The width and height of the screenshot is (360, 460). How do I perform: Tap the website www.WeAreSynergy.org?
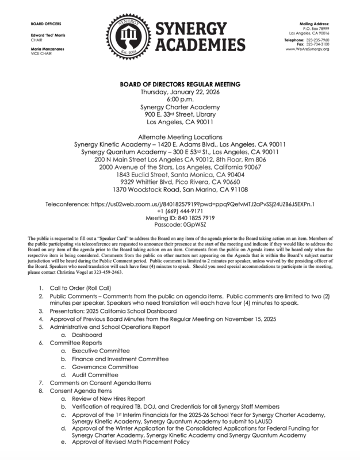pos(307,49)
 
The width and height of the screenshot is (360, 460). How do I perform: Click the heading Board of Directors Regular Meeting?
pos(180,85)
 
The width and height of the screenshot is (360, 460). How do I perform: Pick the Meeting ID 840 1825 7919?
pos(180,219)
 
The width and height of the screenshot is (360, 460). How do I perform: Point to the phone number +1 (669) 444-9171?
pos(180,212)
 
